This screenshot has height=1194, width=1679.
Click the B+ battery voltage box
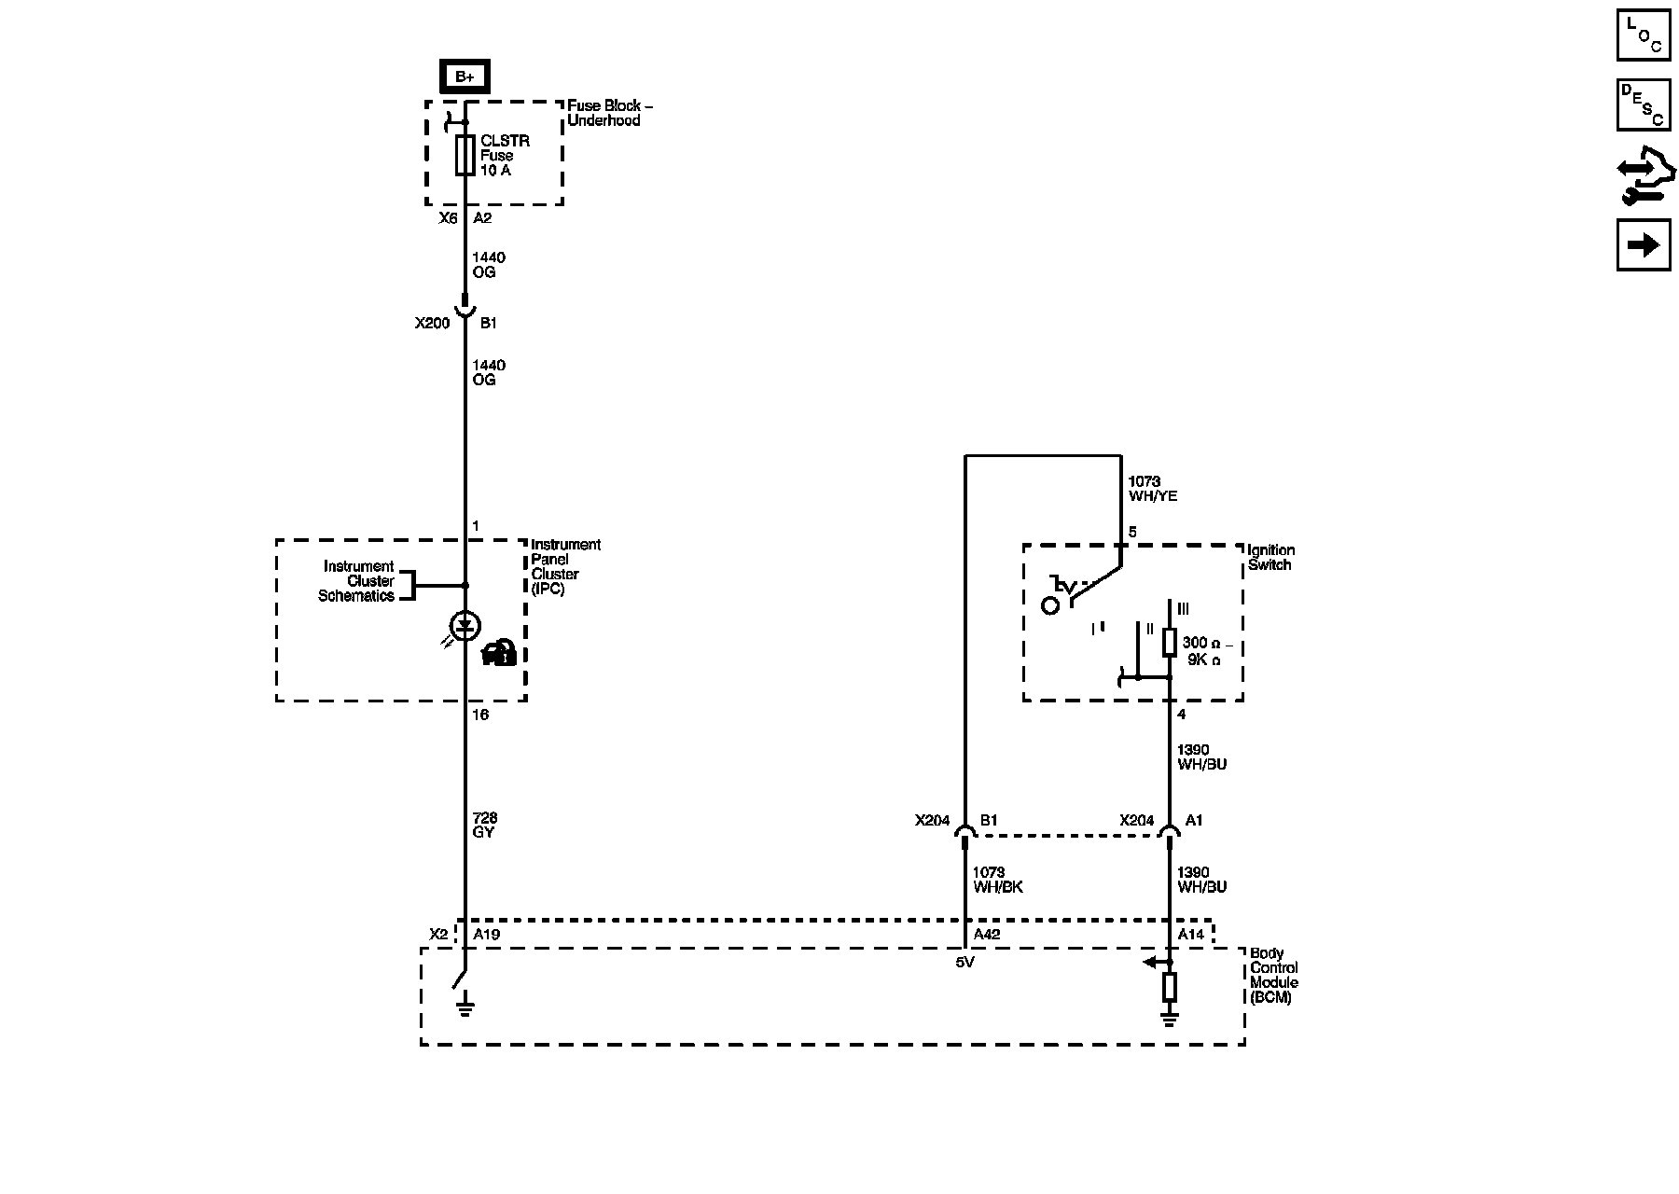click(x=465, y=76)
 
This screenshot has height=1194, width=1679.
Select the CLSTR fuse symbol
click(x=465, y=155)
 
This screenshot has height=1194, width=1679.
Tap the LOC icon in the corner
click(x=1643, y=35)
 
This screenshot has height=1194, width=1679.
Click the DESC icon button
click(x=1643, y=104)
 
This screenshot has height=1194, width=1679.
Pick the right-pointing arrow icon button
click(x=1643, y=245)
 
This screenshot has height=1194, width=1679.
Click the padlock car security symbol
click(x=500, y=653)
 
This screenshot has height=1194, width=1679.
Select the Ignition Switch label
click(x=1270, y=558)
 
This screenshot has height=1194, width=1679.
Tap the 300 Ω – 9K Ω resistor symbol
click(x=1170, y=642)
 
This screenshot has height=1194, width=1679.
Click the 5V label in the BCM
click(x=964, y=963)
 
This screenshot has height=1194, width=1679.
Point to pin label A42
click(x=987, y=935)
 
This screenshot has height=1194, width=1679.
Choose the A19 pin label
click(x=487, y=935)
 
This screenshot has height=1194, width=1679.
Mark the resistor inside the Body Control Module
click(x=1170, y=986)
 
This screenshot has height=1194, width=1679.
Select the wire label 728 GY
click(x=484, y=826)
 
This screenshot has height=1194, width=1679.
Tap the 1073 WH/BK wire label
click(x=997, y=880)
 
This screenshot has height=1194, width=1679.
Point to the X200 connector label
click(x=432, y=324)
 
